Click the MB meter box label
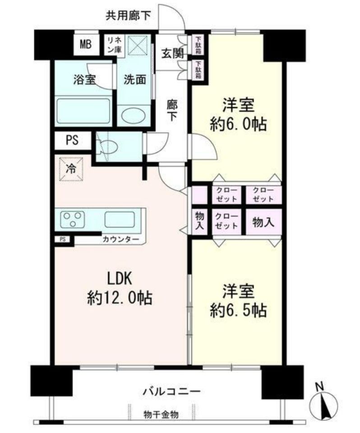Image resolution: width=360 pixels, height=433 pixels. tap(86, 44)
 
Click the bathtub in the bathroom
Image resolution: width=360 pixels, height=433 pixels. tap(83, 111)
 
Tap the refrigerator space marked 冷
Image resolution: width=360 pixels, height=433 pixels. tap(71, 169)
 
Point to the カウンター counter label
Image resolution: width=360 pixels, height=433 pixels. tap(121, 239)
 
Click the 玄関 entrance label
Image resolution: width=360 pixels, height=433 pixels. tap(172, 54)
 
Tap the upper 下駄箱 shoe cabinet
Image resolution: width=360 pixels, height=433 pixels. tap(198, 45)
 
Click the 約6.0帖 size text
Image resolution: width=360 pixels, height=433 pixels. tap(238, 124)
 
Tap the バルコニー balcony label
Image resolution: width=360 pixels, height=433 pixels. tap(171, 392)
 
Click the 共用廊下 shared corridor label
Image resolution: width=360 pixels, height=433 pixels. tap(128, 15)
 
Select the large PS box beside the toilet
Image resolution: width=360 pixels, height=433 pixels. tap(72, 140)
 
